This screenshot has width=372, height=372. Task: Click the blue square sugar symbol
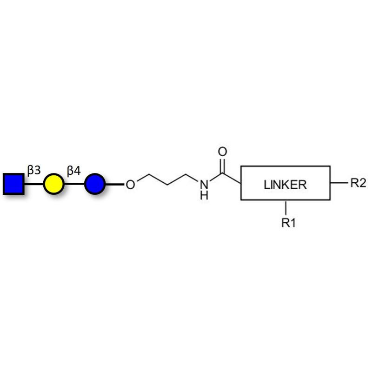(x=13, y=184)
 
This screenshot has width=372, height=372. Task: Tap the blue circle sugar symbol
(x=94, y=184)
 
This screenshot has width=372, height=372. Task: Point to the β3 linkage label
(x=34, y=170)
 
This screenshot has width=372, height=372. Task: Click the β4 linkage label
(x=74, y=170)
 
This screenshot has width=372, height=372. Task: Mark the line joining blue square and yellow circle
(x=33, y=184)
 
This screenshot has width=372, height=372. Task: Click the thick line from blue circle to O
(x=114, y=184)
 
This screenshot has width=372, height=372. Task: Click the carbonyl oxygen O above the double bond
(x=222, y=152)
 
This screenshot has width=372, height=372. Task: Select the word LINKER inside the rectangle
(x=285, y=184)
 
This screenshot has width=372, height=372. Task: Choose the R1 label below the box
(x=288, y=223)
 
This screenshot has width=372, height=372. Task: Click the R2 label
(x=358, y=183)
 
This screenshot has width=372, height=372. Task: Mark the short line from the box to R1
(x=286, y=207)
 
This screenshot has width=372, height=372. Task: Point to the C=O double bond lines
(x=222, y=165)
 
